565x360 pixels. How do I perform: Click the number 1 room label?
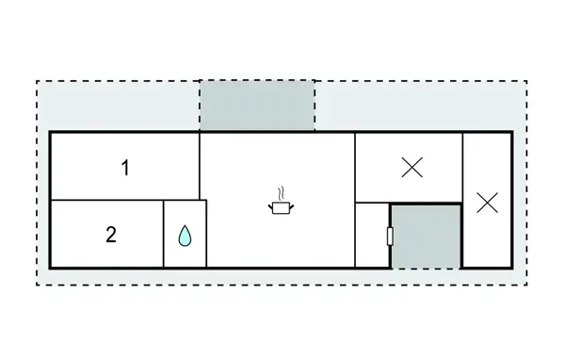[125, 169]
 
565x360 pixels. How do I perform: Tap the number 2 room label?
[111, 235]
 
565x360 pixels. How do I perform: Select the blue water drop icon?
[186, 235]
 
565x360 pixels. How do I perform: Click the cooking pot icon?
[281, 208]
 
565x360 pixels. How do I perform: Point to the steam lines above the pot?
[281, 194]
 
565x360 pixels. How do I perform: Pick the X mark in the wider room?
[412, 168]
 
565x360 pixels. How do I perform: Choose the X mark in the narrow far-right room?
[487, 202]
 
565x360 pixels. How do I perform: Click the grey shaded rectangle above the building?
[257, 106]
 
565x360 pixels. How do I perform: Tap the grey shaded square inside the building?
[427, 236]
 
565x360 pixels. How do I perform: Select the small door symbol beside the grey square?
[389, 236]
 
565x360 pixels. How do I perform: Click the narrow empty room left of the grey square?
[373, 235]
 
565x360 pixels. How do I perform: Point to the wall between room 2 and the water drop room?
[164, 234]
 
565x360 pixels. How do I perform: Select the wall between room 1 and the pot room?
[200, 166]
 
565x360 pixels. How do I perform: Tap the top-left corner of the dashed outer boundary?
[37, 81]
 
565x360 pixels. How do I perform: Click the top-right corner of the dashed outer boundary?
[526, 81]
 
